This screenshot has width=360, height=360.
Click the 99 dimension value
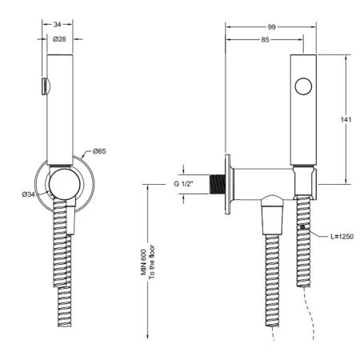click(x=271, y=26)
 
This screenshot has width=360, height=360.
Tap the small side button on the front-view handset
click(x=43, y=85)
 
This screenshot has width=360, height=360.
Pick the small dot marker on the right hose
click(x=302, y=229)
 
